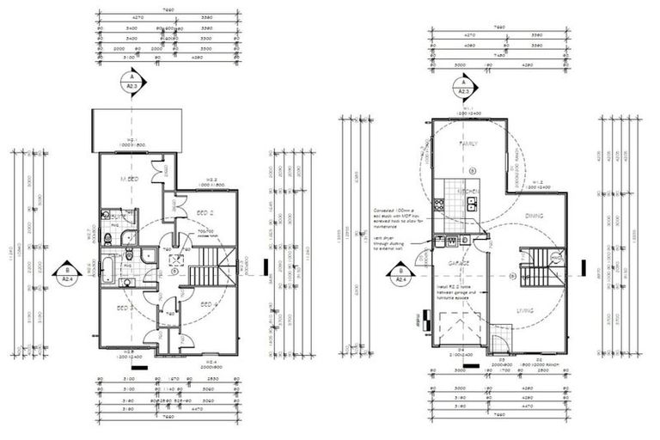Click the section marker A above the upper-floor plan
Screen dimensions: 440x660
pos(131,82)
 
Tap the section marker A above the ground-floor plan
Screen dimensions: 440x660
pos(464,87)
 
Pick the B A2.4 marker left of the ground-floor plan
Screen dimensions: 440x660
pos(399,275)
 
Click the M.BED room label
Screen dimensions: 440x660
pos(129,179)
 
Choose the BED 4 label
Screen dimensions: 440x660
pos(206,304)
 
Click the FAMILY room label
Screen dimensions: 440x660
pos(468,144)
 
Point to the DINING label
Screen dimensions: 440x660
pos(535,216)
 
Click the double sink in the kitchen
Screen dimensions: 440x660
pos(471,205)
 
